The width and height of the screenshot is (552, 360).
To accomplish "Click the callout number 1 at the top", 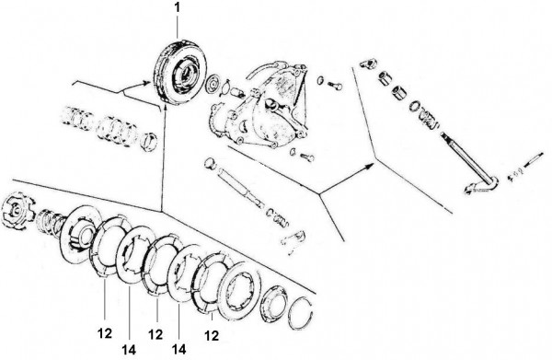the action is pyautogui.click(x=178, y=7).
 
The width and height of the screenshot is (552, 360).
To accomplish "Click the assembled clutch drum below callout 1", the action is pyautogui.click(x=180, y=72).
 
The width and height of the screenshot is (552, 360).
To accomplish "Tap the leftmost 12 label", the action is pyautogui.click(x=105, y=333).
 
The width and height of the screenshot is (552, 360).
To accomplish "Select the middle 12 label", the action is pyautogui.click(x=155, y=334).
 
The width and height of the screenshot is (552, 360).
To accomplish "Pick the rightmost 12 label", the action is pyautogui.click(x=212, y=336).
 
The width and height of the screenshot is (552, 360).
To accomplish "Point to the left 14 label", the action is pyautogui.click(x=129, y=350).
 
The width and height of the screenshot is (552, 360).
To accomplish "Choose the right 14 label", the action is pyautogui.click(x=178, y=349).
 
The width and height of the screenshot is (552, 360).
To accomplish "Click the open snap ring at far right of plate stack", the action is pyautogui.click(x=301, y=313).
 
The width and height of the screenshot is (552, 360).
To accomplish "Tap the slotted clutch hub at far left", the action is pyautogui.click(x=18, y=210).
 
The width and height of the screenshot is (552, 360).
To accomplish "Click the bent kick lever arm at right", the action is pyautogui.click(x=481, y=186).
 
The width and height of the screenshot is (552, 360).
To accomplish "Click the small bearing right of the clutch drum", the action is pyautogui.click(x=213, y=85).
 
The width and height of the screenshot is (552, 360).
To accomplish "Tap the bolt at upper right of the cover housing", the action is pyautogui.click(x=335, y=85).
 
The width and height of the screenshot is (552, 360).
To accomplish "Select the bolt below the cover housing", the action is pyautogui.click(x=307, y=157).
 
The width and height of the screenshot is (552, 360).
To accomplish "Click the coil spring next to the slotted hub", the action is pyautogui.click(x=51, y=219).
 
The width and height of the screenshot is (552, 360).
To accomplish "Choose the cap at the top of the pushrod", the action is pyautogui.click(x=210, y=164).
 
